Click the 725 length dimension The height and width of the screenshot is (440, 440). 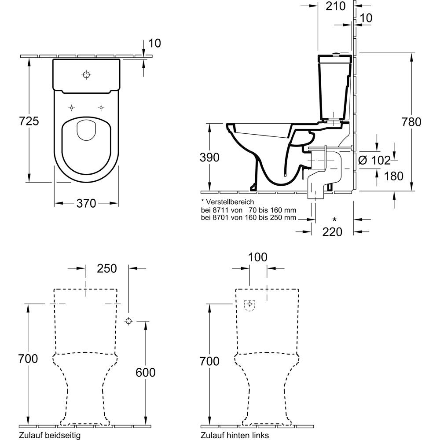[x=29, y=121]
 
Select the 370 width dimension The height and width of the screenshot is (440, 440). [x=86, y=203]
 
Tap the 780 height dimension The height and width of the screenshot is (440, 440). [x=411, y=122]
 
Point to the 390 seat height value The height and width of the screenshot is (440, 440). [x=209, y=158]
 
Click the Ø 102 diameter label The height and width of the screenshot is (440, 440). [x=374, y=161]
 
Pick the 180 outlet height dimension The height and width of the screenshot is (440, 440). [x=393, y=176]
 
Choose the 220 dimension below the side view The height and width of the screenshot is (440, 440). [x=332, y=232]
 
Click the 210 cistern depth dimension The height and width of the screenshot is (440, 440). [x=336, y=6]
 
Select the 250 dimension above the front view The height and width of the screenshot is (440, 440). [x=107, y=268]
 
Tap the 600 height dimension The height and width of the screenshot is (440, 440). [x=145, y=372]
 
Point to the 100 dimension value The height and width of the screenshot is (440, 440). [x=258, y=257]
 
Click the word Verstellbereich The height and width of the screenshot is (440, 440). [x=230, y=202]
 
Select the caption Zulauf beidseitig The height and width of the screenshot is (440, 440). [x=50, y=435]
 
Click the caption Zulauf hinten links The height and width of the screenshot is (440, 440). [x=235, y=435]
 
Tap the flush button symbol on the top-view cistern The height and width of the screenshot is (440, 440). [x=86, y=75]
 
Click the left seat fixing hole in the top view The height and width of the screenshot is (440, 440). [x=72, y=107]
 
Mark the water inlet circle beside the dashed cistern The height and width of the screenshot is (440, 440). [x=128, y=321]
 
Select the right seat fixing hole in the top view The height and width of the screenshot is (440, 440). [x=101, y=107]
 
